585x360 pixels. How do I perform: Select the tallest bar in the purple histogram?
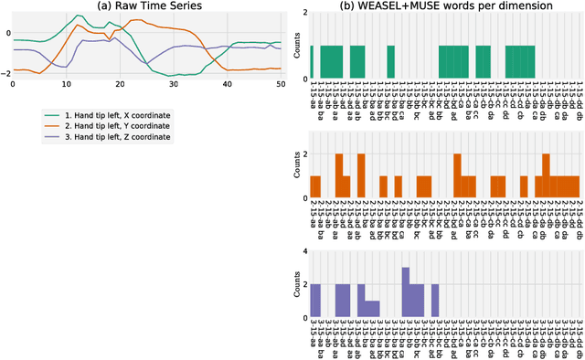405,292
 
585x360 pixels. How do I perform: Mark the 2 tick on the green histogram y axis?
303,21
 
